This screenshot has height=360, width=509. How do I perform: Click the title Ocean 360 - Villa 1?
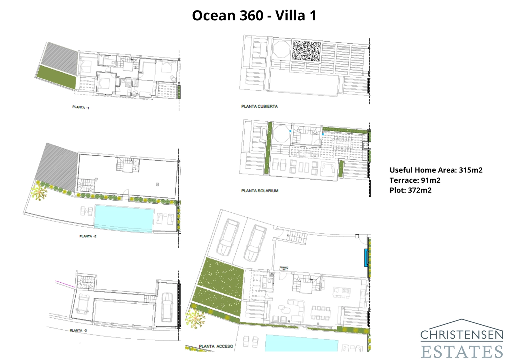[x=254, y=16]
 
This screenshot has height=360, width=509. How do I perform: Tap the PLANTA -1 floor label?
[x=80, y=107]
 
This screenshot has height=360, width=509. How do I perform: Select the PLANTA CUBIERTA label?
[x=259, y=106]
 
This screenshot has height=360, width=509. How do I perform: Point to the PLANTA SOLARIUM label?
[x=260, y=191]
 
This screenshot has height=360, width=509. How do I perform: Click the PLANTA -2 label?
[x=88, y=236]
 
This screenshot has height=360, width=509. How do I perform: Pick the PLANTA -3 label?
[x=78, y=330]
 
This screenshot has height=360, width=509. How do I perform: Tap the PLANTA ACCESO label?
[x=216, y=346]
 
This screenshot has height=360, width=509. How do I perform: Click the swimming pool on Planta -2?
[x=124, y=218]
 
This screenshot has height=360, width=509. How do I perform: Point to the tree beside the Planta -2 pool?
[x=39, y=192]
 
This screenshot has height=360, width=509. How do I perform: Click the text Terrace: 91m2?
[x=415, y=180]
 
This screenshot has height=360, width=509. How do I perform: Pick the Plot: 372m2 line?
[x=410, y=190]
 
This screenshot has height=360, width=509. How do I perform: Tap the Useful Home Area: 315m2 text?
[x=436, y=170]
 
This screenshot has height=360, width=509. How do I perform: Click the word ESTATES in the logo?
[x=462, y=352]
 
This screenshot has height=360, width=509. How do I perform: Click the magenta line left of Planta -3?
[x=65, y=284]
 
